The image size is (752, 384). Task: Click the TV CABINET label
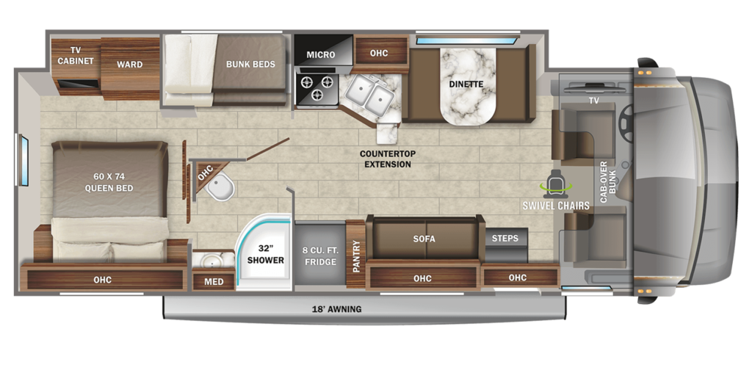pos(76,55)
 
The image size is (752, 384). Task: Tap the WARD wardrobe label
pos(129,64)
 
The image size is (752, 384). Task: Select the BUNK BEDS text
pos(250,64)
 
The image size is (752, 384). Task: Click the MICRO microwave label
pos(321,54)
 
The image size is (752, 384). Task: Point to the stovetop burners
pos(317,87)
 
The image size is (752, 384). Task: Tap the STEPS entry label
pos(505,239)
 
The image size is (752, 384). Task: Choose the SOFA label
pos(424,239)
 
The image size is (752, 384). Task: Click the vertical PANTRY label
pos(356,256)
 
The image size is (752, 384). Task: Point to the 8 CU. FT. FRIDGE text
pos(320,256)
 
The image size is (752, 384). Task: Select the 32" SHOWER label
pos(265,254)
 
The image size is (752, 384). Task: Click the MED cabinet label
pos(214,281)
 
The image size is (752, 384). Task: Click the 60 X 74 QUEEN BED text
pos(109,183)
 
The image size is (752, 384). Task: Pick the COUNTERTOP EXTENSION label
pos(388,159)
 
